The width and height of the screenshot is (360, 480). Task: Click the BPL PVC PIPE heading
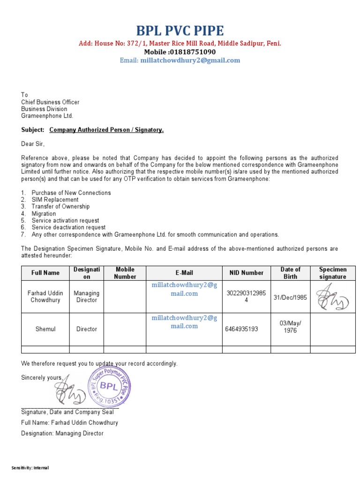(180, 31)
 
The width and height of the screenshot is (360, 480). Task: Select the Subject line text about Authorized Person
(106, 130)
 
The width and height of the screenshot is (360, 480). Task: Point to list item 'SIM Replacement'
(55, 200)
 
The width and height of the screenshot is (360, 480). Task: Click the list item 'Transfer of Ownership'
(60, 207)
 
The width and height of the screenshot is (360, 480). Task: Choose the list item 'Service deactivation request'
(68, 227)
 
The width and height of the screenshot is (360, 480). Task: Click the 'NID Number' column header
(246, 273)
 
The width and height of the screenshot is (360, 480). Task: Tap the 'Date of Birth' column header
(290, 273)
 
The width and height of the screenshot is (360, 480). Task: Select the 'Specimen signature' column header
(332, 273)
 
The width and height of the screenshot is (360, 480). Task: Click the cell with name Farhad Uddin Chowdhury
(45, 297)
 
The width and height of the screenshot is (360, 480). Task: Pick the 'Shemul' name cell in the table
(45, 329)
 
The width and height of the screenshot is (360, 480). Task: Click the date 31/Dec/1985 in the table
(290, 297)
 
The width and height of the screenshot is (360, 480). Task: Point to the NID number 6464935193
(242, 329)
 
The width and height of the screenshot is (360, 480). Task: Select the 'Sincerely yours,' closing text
(42, 378)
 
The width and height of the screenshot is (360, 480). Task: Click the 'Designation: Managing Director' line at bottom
(62, 434)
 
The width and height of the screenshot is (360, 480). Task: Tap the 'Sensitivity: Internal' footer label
(30, 468)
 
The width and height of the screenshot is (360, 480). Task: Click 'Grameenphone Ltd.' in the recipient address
(47, 116)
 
